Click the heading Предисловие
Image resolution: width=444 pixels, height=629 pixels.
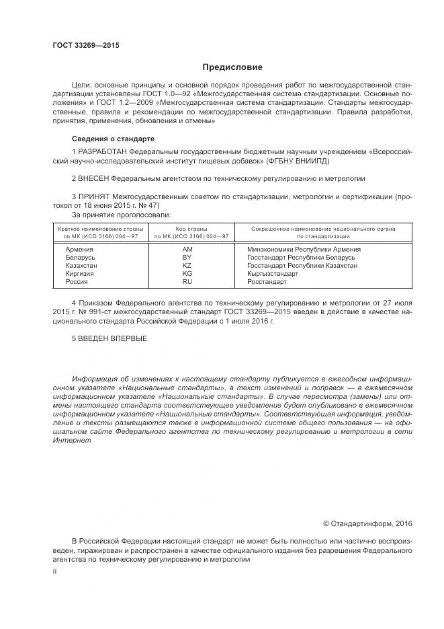pos(232,67)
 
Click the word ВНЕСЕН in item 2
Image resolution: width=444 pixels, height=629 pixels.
pos(93,179)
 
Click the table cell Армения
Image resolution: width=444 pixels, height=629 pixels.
pos(79,249)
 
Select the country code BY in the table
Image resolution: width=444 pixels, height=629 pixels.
pos(187,257)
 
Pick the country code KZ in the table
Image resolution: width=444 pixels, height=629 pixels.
pos(187,265)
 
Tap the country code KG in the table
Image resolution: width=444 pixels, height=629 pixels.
pos(187,274)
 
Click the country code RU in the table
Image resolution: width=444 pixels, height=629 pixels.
pos(187,282)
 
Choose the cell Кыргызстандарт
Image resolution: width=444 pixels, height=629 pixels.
pos(273,274)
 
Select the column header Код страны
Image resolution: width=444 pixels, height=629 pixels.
pos(191,229)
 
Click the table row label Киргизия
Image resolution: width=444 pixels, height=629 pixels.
pos(80,274)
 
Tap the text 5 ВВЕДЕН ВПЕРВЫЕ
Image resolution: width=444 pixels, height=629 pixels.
pos(109,338)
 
